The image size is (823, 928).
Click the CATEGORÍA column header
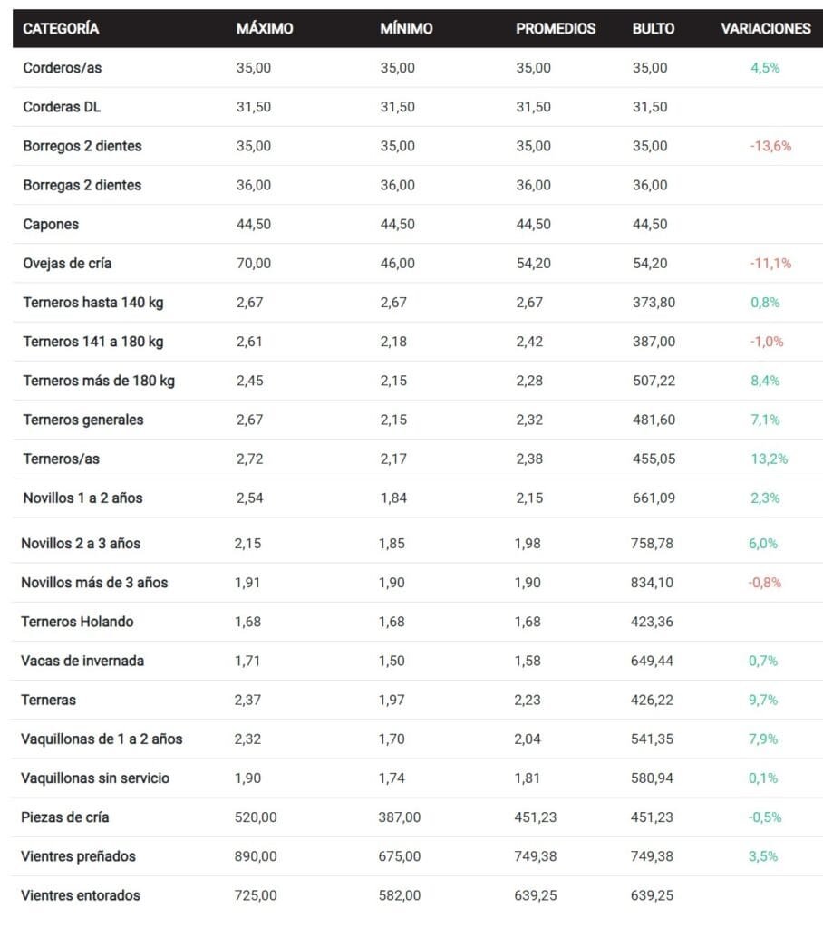[x=61, y=28]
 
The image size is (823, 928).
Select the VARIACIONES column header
[x=766, y=28]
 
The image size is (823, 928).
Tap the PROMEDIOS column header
[x=556, y=28]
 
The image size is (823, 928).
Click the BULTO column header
[x=654, y=28]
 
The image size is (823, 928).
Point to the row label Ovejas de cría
[x=67, y=264]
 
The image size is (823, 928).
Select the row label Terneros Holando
[x=77, y=622]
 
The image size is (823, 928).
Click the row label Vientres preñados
[x=78, y=856]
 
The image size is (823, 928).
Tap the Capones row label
[x=51, y=225]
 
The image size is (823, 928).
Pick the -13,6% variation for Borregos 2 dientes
[x=770, y=146]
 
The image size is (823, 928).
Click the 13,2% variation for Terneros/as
[x=770, y=459]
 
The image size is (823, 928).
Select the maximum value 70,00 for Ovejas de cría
[x=254, y=264]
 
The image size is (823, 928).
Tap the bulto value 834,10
[x=652, y=583]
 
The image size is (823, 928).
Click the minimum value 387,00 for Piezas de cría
[x=400, y=817]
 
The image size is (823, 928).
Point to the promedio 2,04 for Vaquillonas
[x=528, y=739]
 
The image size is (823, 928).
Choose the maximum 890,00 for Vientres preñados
[x=256, y=856]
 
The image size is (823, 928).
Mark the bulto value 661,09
[x=654, y=498]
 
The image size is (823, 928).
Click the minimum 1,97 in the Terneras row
[x=392, y=701]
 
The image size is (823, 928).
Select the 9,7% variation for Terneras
[x=763, y=701]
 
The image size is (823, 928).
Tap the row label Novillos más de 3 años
[x=95, y=583]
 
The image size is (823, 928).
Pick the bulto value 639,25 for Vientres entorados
[x=652, y=895]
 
